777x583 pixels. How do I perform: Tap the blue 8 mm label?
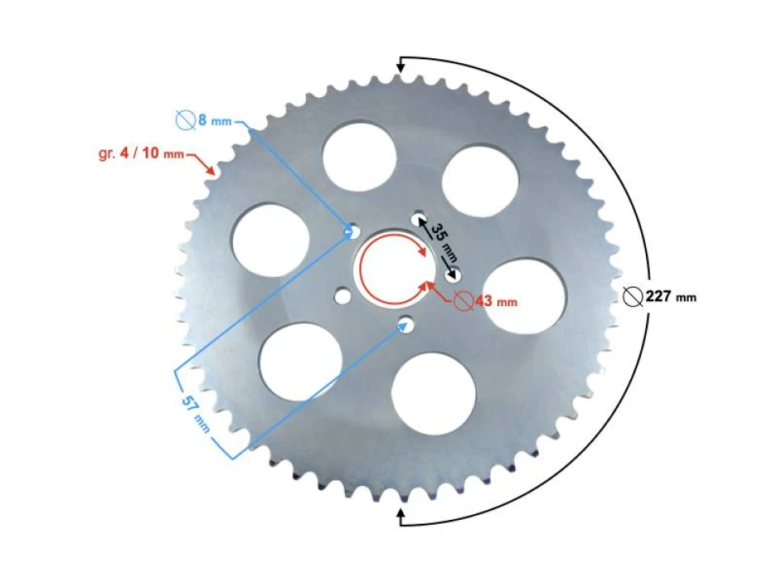[x=214, y=121]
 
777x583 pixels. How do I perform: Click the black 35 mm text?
[x=438, y=240]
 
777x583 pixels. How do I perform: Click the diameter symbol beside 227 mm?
[x=634, y=297]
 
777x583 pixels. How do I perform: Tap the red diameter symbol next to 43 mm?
[x=463, y=300]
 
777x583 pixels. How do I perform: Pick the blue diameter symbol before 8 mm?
[x=185, y=121]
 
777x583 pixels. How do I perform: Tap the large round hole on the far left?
[x=270, y=240]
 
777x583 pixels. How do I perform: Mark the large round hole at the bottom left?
[x=301, y=361]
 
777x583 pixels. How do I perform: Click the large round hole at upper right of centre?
[x=480, y=180]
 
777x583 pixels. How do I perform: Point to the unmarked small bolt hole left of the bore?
[x=344, y=295]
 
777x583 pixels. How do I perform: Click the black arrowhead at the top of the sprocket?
[x=400, y=67]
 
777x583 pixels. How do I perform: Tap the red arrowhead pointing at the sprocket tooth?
[x=212, y=171]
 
